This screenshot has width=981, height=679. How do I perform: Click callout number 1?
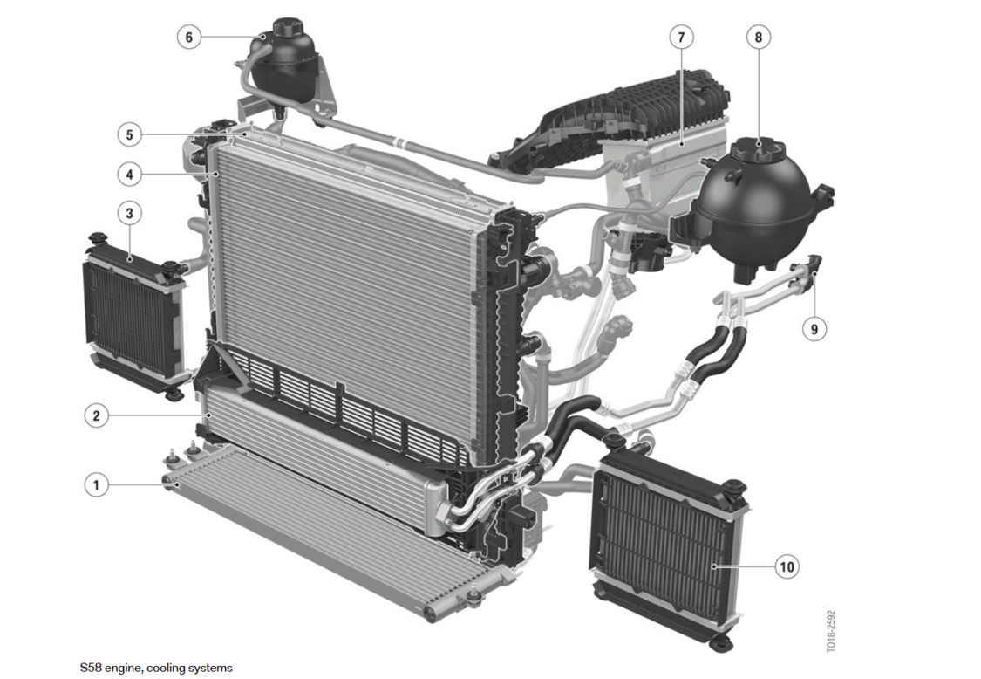tap(96, 485)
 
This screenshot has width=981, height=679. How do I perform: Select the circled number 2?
tap(96, 415)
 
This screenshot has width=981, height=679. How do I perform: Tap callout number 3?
tap(130, 213)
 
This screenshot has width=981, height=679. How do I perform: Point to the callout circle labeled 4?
tap(130, 174)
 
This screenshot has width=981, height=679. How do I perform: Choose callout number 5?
tap(130, 134)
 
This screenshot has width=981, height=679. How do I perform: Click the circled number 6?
tap(189, 37)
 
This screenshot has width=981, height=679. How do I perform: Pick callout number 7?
tap(681, 37)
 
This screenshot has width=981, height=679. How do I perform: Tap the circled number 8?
tap(759, 37)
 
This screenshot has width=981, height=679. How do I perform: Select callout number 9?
tap(814, 329)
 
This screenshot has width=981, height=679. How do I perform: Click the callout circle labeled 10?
tap(787, 567)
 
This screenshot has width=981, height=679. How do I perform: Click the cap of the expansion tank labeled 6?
tap(288, 28)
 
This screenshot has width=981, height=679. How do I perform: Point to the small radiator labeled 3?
tap(135, 316)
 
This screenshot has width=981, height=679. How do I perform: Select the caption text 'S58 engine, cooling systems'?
tap(156, 668)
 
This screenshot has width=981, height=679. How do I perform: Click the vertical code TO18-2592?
tap(831, 631)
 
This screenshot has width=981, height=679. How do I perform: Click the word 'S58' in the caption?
tap(91, 668)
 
